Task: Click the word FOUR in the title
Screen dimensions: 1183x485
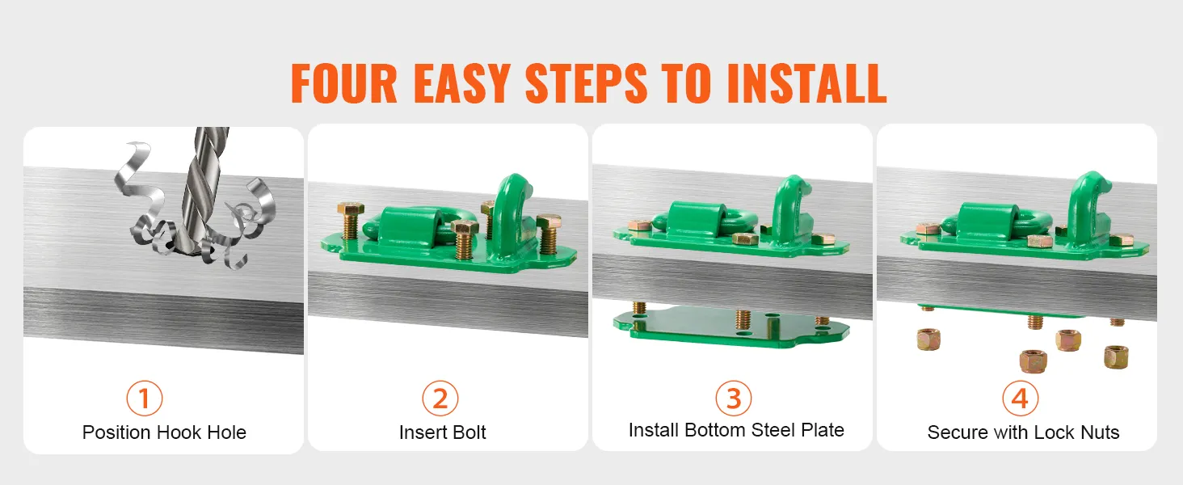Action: coord(343,83)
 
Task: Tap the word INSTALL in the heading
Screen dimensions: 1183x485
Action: coord(807,83)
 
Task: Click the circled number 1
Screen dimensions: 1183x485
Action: coord(144,399)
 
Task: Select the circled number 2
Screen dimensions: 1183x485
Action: coord(440,399)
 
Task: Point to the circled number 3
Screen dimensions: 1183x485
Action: coord(733,399)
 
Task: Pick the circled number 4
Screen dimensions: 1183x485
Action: coord(1020,399)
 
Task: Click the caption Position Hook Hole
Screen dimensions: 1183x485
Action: coord(164,432)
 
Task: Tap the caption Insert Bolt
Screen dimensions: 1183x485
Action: coord(443,432)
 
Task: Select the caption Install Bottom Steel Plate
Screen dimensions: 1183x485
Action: coord(736,430)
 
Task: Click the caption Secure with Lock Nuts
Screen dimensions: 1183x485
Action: coord(1024,432)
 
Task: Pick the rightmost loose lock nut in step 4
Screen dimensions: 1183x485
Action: coord(1117,357)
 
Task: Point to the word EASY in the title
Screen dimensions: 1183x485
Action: coord(461,83)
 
